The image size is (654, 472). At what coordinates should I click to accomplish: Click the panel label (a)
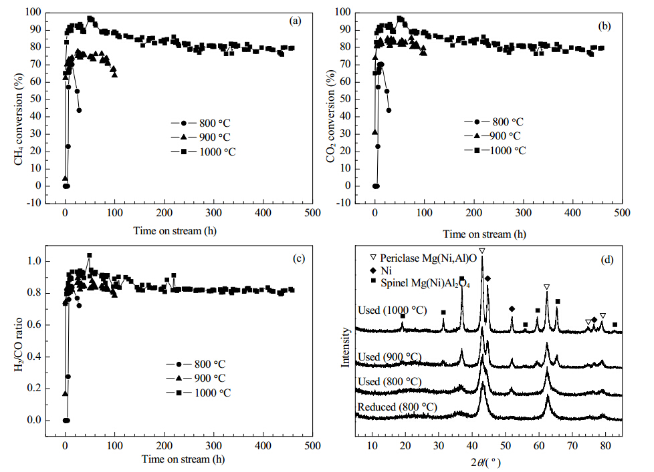click(295, 21)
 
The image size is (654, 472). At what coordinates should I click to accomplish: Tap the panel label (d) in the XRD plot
click(607, 260)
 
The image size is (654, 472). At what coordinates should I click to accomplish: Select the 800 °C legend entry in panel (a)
click(201, 124)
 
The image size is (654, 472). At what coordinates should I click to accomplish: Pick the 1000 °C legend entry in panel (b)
click(495, 150)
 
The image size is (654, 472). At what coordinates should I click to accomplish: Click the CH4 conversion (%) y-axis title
click(19, 120)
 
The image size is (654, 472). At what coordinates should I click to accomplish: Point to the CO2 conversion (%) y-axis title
click(331, 116)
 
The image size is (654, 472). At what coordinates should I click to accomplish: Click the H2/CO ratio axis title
click(19, 344)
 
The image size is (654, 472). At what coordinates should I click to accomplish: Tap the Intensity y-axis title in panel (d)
click(345, 347)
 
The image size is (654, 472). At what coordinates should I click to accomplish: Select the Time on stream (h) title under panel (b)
click(484, 234)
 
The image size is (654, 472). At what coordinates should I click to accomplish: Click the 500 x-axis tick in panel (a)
click(312, 213)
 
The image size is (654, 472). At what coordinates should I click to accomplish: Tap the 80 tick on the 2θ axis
click(605, 445)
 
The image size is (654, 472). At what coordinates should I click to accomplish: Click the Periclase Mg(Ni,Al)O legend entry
click(423, 258)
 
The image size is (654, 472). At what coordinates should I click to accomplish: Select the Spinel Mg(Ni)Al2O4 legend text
click(425, 283)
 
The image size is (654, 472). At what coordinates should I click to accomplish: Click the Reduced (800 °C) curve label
click(397, 407)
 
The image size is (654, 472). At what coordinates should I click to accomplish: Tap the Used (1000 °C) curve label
click(393, 310)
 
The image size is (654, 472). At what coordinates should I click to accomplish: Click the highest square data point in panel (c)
click(89, 255)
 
